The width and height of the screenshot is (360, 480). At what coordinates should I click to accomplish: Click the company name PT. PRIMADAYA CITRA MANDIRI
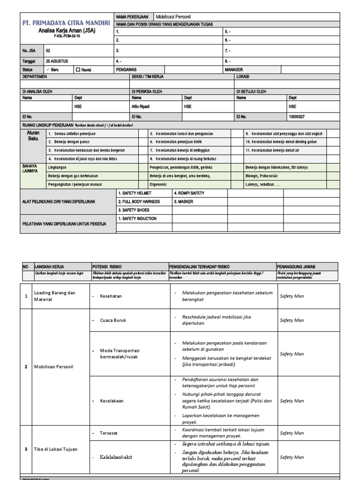[66, 23]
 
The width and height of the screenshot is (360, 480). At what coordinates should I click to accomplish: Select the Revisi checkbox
[78, 69]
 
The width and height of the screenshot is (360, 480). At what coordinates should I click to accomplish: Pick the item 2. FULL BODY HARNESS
[139, 202]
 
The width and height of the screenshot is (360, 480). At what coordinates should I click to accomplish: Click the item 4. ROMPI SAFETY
[189, 193]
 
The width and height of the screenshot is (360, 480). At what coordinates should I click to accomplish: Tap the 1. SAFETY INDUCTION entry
[138, 218]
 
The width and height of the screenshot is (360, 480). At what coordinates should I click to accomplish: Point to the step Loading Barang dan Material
[54, 296]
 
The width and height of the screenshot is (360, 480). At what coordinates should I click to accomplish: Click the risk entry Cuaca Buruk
[113, 320]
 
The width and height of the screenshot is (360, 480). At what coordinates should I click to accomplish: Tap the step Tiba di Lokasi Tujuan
[57, 449]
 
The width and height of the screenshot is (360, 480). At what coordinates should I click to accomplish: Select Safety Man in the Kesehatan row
[292, 296]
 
